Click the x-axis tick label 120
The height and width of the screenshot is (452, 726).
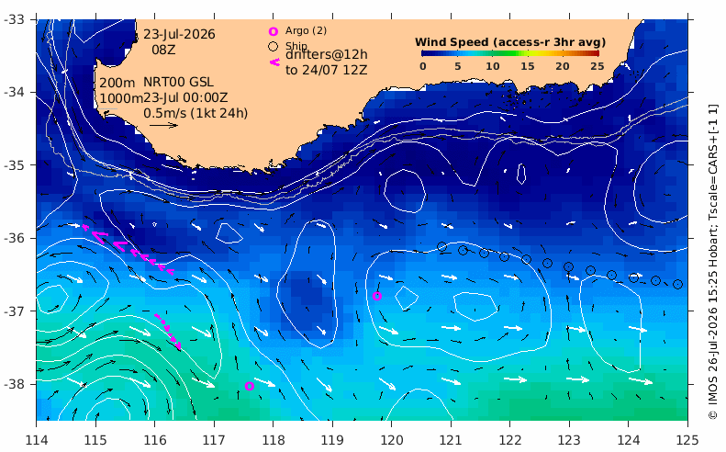[x=391, y=439]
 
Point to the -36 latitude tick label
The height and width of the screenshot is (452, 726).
[x=15, y=238]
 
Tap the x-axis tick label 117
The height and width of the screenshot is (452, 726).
[x=214, y=439]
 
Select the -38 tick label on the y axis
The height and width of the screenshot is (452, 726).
[x=15, y=384]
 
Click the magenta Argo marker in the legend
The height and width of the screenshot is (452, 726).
[x=274, y=31]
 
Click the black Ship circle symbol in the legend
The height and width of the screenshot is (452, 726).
[x=274, y=46]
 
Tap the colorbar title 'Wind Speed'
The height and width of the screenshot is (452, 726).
[x=452, y=42]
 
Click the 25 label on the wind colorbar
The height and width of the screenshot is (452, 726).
[x=598, y=66]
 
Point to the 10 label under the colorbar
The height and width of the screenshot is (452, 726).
[x=493, y=66]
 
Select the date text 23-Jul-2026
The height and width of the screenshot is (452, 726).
[x=179, y=34]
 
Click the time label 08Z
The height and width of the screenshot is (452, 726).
[x=164, y=50]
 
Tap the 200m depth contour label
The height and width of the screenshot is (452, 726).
[x=117, y=83]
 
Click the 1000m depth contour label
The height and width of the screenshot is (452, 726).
[x=121, y=98]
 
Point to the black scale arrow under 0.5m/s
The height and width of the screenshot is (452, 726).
[x=164, y=125]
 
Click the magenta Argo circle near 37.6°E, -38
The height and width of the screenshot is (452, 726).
[x=249, y=386]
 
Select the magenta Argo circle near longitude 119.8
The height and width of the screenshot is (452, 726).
[x=377, y=296]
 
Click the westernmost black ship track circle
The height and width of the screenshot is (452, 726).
[x=441, y=246]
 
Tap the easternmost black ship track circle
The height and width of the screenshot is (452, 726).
[x=677, y=284]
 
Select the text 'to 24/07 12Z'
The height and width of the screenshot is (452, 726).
[x=327, y=70]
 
